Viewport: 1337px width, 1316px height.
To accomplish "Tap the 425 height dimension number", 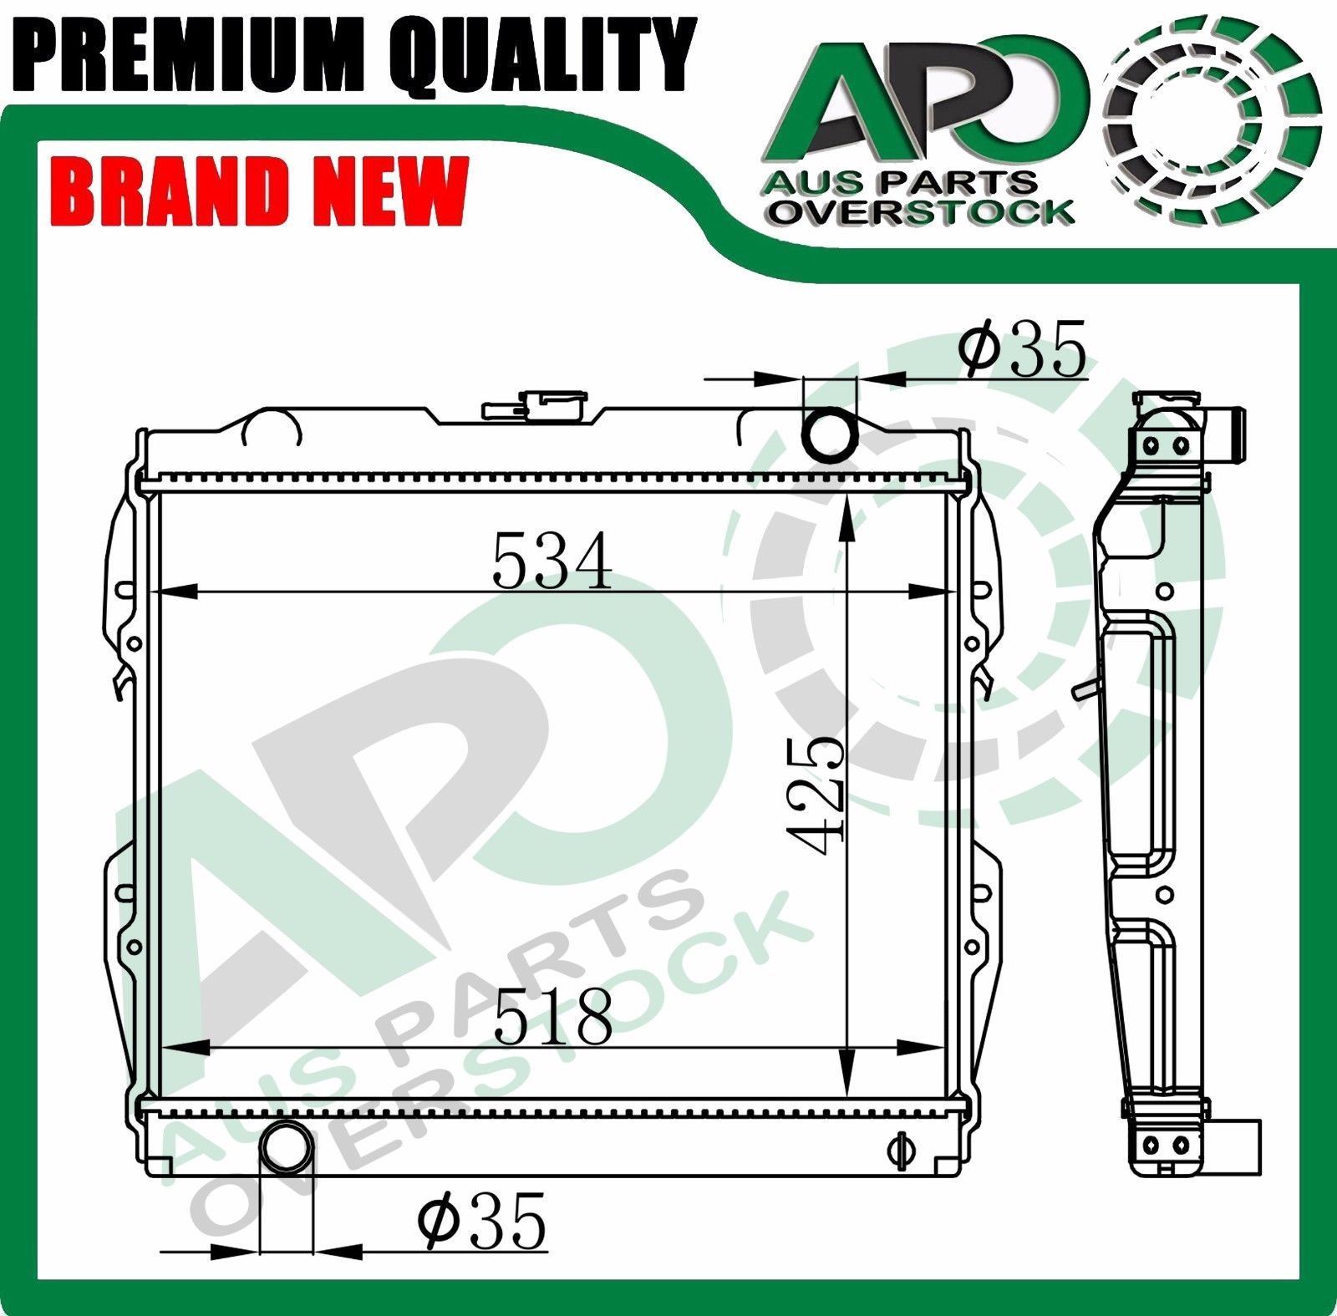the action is [816, 797].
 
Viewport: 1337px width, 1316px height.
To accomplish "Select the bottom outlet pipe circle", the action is [288, 1150].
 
